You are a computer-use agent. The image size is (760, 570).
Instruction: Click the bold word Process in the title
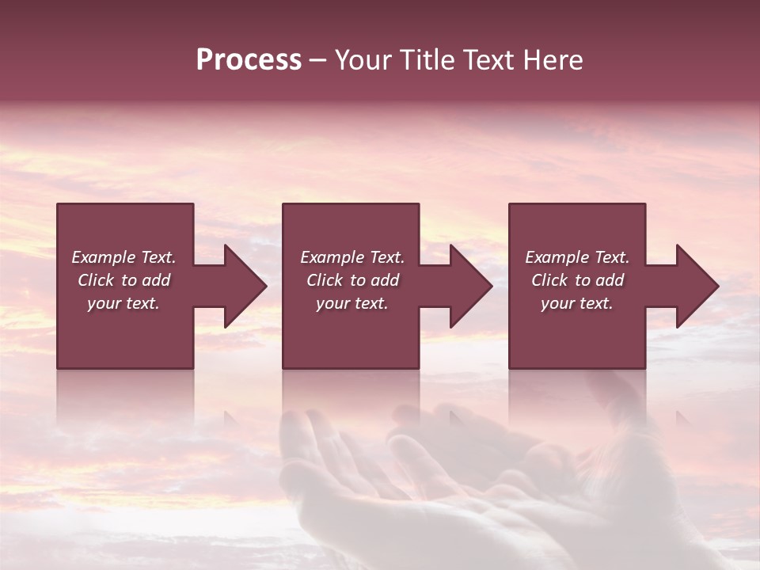pos(249,60)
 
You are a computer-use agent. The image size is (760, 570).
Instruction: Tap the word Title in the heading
pos(432,60)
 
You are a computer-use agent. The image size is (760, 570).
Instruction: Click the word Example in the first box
pos(104,257)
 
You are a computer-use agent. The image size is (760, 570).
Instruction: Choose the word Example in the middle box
pos(332,257)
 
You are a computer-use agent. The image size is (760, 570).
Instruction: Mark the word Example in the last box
pos(557,257)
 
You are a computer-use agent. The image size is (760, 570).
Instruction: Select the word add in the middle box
pos(385,280)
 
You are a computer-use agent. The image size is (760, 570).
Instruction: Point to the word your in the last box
pos(557,303)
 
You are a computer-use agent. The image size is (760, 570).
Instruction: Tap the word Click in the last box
pos(549,280)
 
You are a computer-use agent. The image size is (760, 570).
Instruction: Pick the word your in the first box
pos(103,303)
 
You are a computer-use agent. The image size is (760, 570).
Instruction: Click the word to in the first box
pos(129,280)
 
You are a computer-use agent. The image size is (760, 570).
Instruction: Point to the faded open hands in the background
pos(443,491)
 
